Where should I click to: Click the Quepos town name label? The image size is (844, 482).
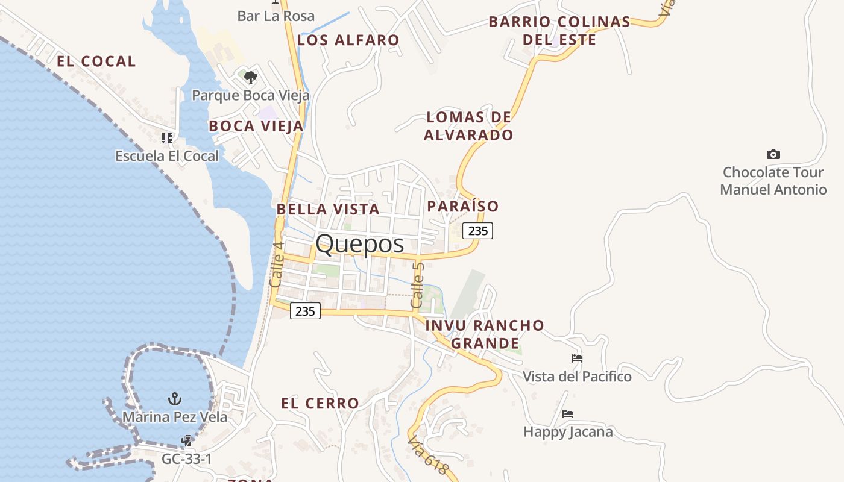(359, 244)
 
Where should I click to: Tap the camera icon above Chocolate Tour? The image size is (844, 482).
(773, 155)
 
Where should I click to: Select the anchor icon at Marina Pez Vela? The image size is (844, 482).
(174, 399)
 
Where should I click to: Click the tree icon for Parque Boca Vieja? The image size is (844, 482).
(251, 78)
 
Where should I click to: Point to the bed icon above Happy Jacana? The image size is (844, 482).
(567, 414)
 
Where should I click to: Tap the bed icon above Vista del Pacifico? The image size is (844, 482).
(577, 358)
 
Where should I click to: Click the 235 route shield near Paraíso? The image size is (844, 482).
(477, 230)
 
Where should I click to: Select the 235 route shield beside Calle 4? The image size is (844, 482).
(305, 311)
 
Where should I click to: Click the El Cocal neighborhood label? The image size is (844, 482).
(96, 61)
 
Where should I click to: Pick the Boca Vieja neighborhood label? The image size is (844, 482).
(256, 126)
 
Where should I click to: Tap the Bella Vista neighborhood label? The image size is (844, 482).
(328, 210)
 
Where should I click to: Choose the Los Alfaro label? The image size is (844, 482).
(348, 40)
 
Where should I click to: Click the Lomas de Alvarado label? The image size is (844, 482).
(468, 126)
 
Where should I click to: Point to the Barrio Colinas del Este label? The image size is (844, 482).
(559, 31)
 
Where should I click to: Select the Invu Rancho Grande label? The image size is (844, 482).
(485, 334)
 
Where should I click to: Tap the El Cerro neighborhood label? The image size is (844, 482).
(320, 404)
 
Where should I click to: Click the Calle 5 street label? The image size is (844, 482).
(417, 286)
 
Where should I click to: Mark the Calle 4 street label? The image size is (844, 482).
(277, 264)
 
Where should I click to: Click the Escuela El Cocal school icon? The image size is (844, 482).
(167, 138)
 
